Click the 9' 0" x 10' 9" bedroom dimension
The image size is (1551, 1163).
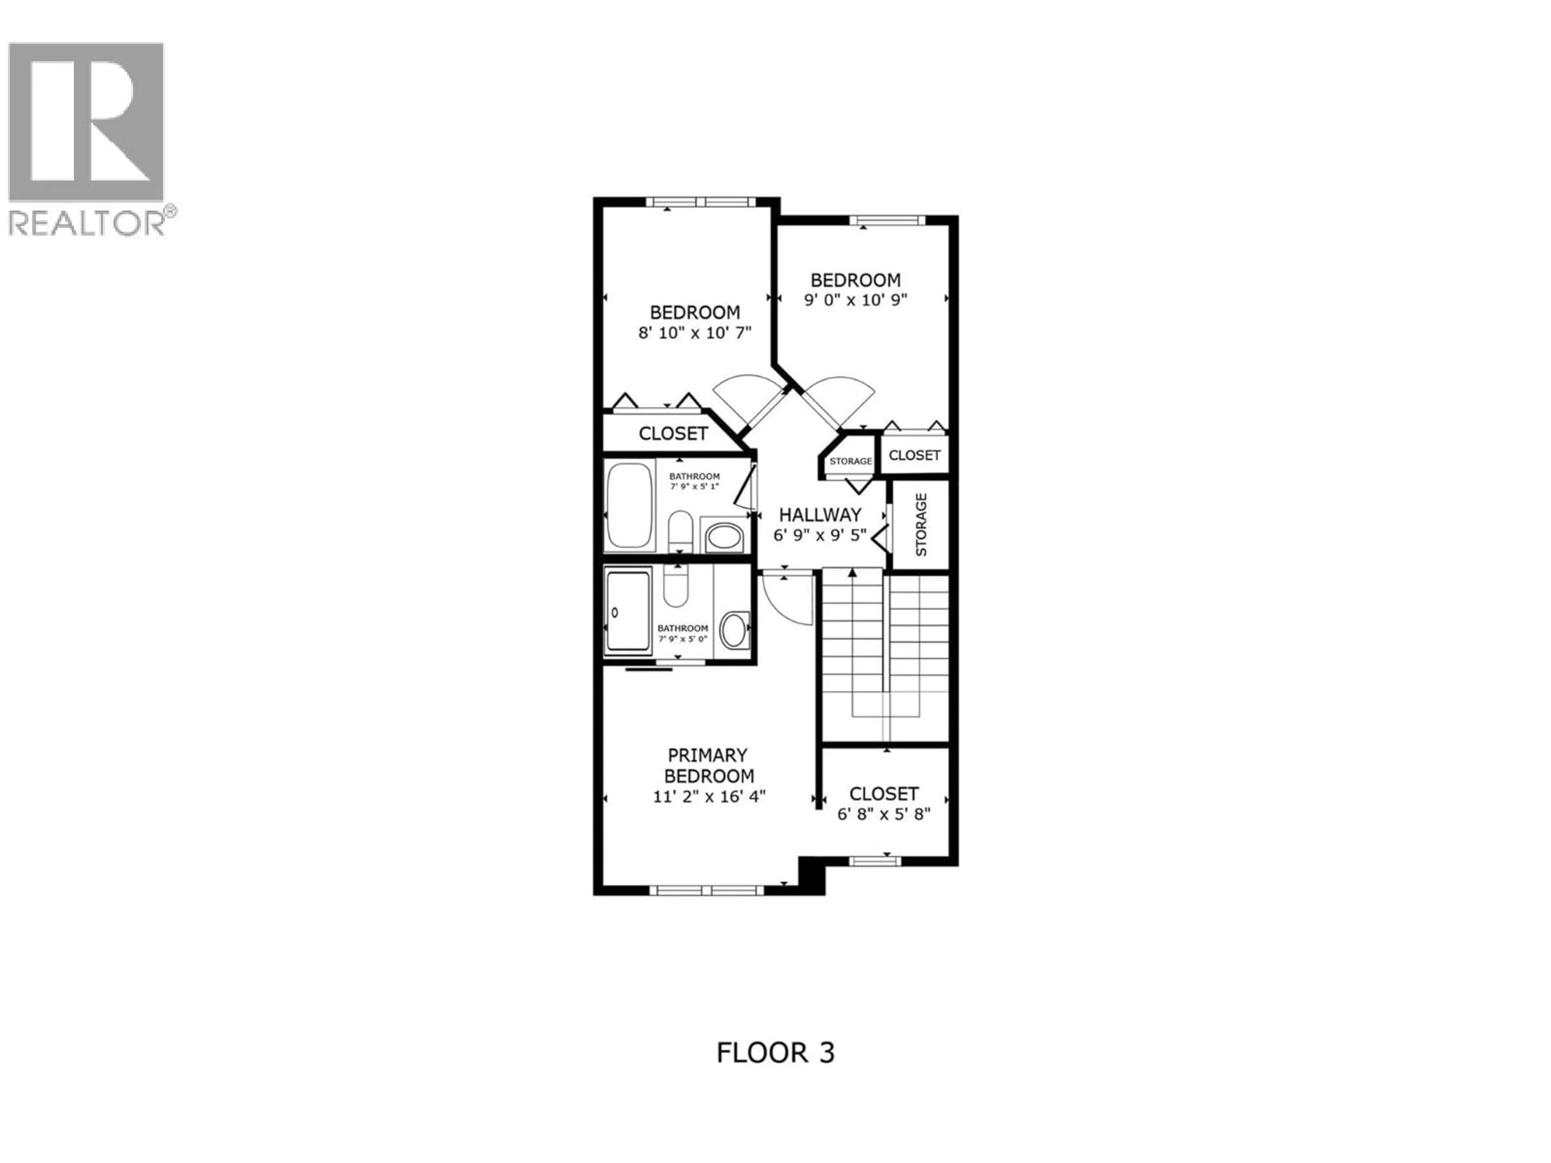pyautogui.click(x=855, y=300)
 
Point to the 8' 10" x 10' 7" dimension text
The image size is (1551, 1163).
pyautogui.click(x=694, y=332)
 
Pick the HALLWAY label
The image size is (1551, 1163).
pyautogui.click(x=820, y=514)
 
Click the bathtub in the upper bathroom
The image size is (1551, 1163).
pyautogui.click(x=628, y=506)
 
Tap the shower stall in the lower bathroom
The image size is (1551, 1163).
pyautogui.click(x=628, y=611)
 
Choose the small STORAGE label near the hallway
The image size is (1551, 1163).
pyautogui.click(x=851, y=461)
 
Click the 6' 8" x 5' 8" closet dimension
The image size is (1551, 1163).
pyautogui.click(x=883, y=814)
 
